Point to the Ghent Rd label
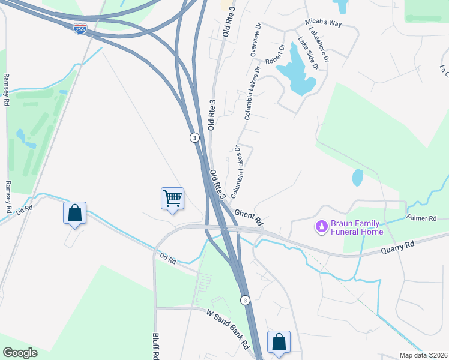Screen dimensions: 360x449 point(249,217)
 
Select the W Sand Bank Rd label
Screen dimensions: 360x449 point(228,329)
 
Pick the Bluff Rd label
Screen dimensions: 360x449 point(155,345)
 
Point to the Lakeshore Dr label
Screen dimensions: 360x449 point(319,44)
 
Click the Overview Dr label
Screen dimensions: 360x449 point(256,40)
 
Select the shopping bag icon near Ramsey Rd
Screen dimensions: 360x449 point(74,213)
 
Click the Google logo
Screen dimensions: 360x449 point(20,353)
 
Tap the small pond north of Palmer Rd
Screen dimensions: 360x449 point(357,177)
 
